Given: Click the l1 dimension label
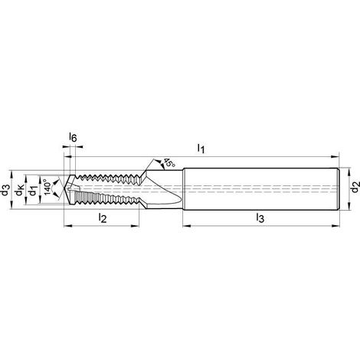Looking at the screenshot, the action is point(201,149).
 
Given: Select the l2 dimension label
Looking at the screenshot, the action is point(102,218).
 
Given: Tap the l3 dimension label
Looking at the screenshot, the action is point(260,218).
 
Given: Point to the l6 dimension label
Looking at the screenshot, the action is point(73,137).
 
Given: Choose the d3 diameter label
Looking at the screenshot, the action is point(5,190).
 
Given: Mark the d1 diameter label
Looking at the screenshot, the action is point(33,190).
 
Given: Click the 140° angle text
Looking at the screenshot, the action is point(47,188).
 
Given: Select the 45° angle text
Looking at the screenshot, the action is point(169,163).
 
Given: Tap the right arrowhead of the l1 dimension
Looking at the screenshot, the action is point(335,157).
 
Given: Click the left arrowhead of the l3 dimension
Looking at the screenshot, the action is point(187,226).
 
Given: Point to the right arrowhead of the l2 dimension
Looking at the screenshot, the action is point(135,226).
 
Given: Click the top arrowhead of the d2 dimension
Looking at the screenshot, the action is point(349,172).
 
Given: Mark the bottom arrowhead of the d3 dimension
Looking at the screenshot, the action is point(11,205).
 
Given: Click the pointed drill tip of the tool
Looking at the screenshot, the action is point(64,189).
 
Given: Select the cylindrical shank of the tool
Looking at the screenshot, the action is point(261,189).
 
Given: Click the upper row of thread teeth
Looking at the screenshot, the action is point(109,176).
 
